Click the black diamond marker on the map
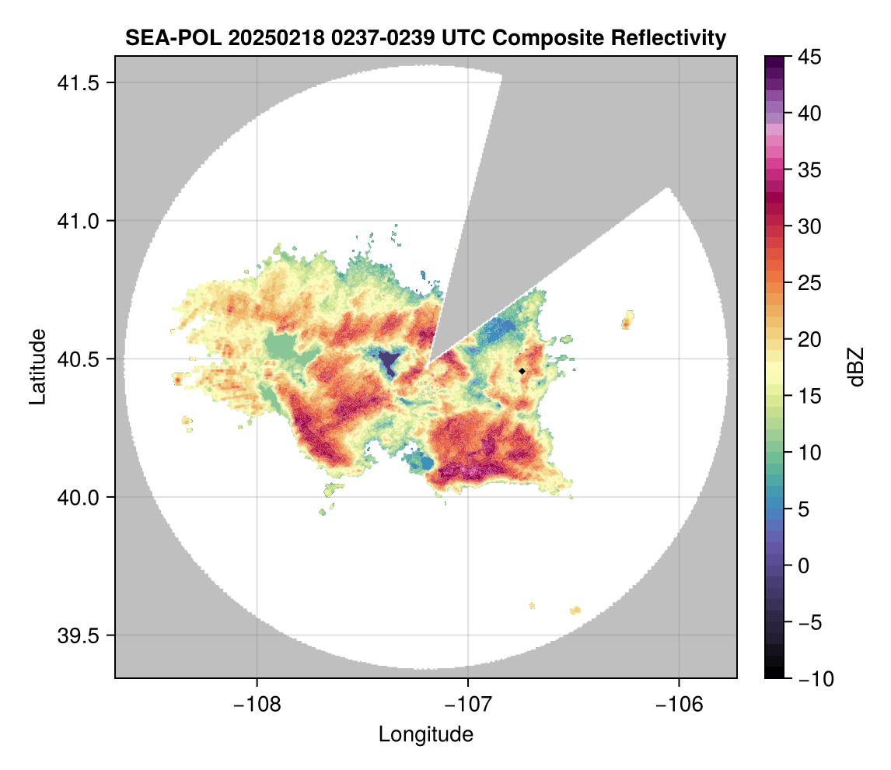click(x=522, y=371)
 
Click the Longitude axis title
click(x=425, y=733)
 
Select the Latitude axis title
click(x=37, y=366)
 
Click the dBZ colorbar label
click(x=856, y=366)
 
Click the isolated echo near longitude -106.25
click(x=627, y=320)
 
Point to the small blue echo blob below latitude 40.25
click(x=424, y=462)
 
